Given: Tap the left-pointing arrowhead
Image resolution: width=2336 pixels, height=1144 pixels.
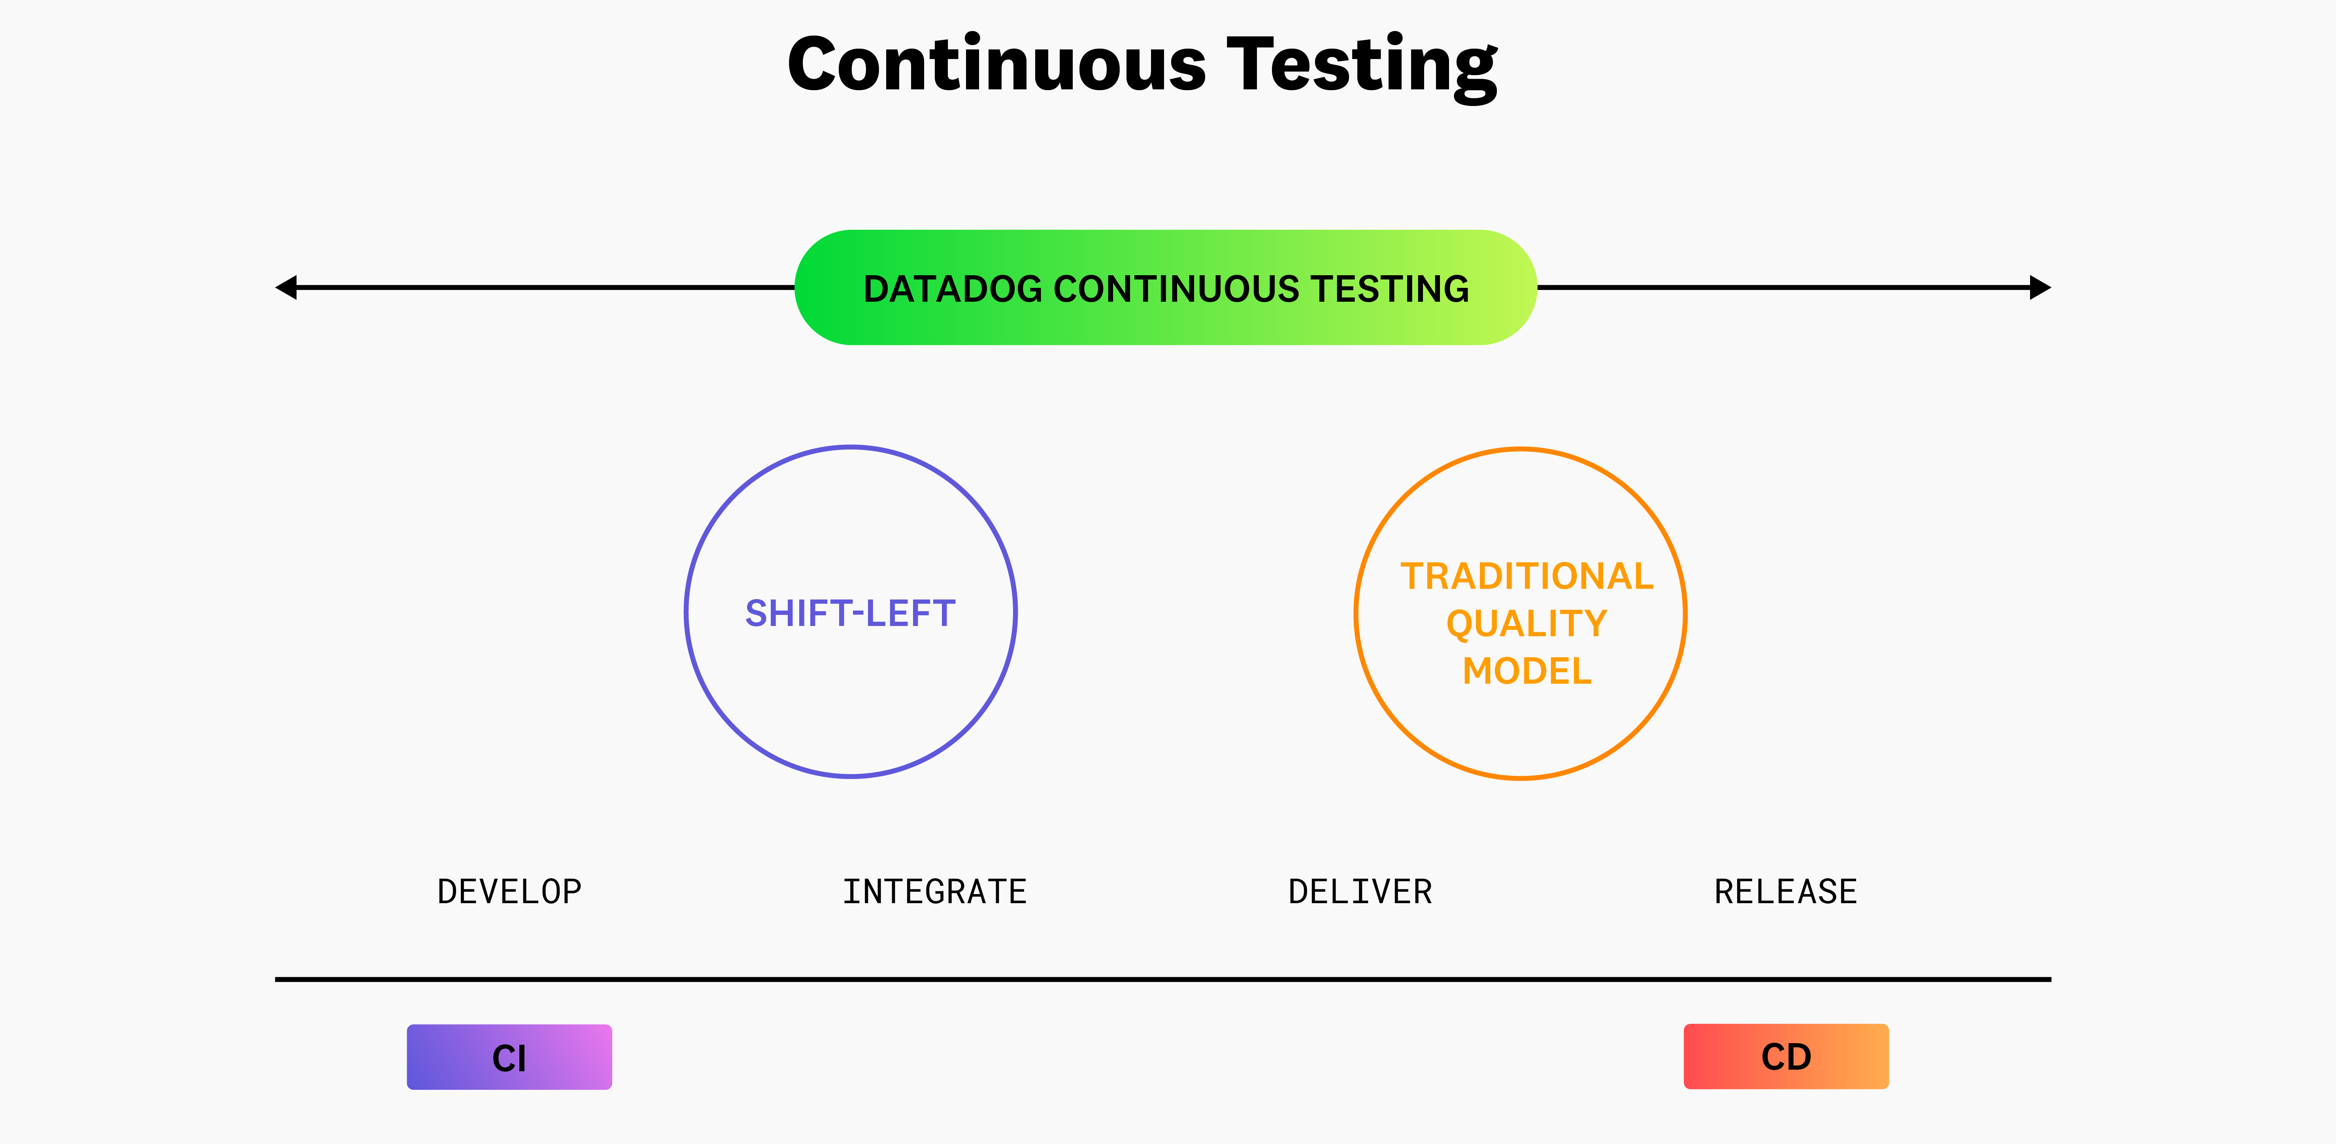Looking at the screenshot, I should click(x=287, y=287).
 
